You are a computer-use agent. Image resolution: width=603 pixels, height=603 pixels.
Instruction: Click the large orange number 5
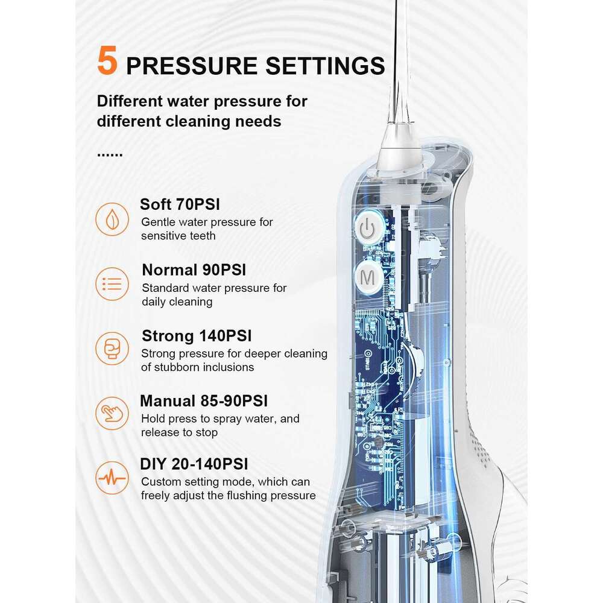tap(107, 61)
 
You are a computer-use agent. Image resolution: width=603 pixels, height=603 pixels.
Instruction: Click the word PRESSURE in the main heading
tap(192, 66)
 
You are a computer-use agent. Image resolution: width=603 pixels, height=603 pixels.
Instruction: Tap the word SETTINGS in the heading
tap(326, 66)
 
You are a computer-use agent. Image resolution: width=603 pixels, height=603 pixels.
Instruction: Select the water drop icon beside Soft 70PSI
tap(112, 219)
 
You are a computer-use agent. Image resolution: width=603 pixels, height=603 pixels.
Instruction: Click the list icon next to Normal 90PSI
tap(112, 284)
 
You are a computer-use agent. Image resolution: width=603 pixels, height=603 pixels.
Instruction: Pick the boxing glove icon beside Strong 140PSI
tap(112, 349)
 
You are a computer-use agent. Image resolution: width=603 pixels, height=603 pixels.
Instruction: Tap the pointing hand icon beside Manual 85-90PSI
tap(112, 414)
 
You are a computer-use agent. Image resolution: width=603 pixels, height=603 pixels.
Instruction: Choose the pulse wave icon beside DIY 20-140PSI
tap(112, 478)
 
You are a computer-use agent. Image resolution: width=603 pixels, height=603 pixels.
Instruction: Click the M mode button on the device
tap(368, 277)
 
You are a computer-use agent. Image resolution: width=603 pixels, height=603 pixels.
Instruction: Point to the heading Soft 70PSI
tap(180, 204)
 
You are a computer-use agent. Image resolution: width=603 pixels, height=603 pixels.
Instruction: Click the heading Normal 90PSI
tap(194, 270)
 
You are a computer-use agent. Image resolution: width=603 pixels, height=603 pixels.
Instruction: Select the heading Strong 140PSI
tap(197, 336)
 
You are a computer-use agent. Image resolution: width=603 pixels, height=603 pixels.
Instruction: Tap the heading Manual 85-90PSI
tap(204, 401)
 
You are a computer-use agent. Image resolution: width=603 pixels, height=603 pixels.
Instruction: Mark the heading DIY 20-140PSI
tap(194, 464)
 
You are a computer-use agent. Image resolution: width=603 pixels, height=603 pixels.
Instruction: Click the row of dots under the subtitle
tap(110, 156)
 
